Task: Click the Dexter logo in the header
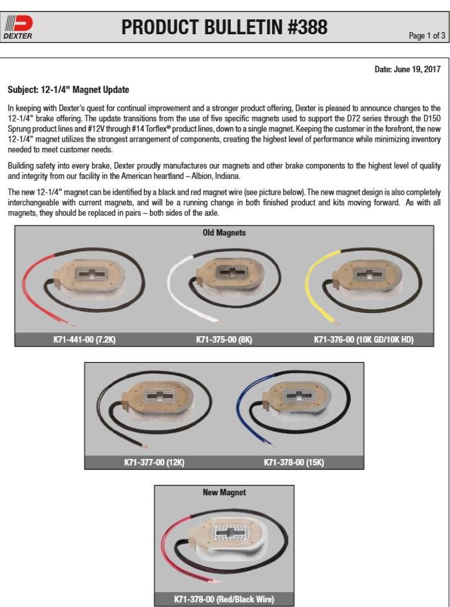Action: [x=18, y=28]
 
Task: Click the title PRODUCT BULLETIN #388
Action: [x=224, y=28]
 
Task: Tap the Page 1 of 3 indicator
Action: [x=427, y=36]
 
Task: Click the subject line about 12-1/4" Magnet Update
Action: [x=69, y=89]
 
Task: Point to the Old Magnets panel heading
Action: [x=224, y=233]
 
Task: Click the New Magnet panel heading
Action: [x=224, y=492]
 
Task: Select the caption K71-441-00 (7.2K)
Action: [x=85, y=339]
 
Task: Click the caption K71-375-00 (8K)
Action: [x=224, y=339]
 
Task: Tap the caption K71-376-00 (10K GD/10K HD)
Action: [x=363, y=339]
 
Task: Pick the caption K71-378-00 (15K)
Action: [x=294, y=462]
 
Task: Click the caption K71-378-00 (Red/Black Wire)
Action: [x=224, y=599]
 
